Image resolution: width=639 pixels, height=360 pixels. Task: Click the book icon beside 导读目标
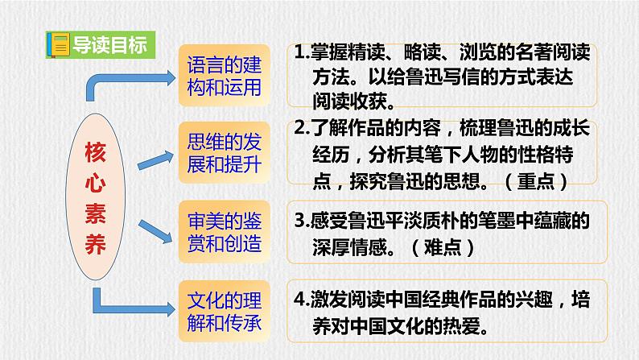(58, 43)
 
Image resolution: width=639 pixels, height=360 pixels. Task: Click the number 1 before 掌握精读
(299, 54)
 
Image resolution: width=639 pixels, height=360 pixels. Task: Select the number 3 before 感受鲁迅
(299, 218)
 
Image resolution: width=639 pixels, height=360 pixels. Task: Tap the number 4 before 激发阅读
(299, 300)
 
